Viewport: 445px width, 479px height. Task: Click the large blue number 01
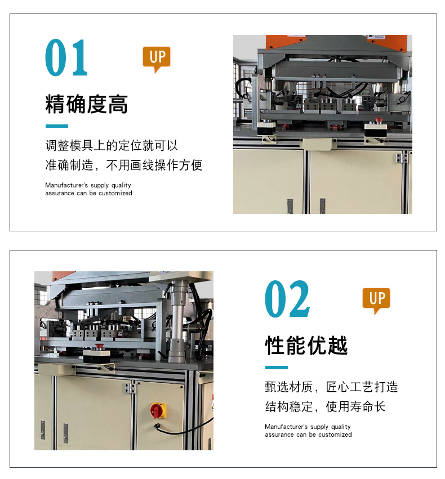coord(66,57)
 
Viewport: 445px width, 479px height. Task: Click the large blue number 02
coord(287,299)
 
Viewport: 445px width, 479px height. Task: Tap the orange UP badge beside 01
coord(157,59)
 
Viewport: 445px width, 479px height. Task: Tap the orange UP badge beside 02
coord(376,301)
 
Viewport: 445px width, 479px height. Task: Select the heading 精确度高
coord(87,104)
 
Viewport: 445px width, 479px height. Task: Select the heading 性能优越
coord(306,346)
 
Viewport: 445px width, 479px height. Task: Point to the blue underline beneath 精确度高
coord(56,126)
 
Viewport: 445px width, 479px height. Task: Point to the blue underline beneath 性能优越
coord(276,368)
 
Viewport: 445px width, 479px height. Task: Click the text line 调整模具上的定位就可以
coord(112,145)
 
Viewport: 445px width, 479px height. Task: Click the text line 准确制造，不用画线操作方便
coord(124,165)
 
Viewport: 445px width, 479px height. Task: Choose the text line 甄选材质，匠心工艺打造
coord(331,387)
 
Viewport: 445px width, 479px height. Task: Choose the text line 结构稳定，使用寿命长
coord(325,406)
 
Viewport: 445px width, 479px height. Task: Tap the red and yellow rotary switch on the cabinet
coord(158,410)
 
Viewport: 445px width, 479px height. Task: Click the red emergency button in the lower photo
coord(99,346)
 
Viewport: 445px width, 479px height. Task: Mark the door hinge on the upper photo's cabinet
coord(402,158)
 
